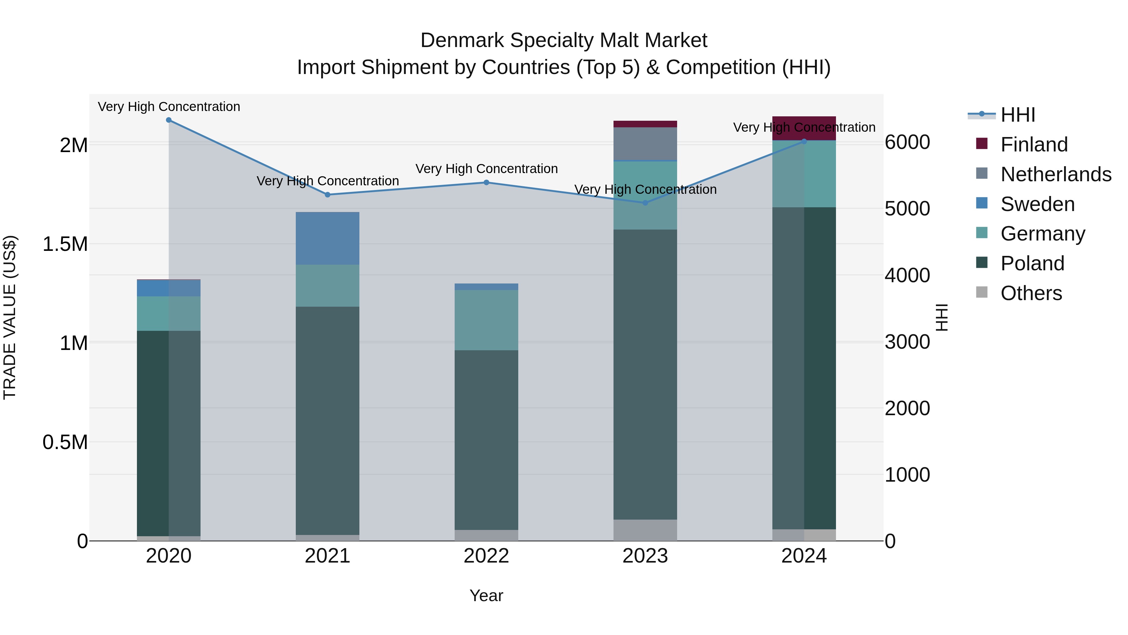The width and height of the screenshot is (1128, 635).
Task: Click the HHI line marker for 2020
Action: pos(169,120)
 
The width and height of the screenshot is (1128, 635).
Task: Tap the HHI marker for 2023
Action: pos(645,203)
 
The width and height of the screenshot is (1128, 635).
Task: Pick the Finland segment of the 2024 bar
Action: pos(804,128)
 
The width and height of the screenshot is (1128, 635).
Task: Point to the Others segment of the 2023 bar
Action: pos(645,530)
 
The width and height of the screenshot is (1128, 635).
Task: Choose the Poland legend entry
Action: pos(1032,263)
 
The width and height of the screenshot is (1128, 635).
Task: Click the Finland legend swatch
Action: pos(982,144)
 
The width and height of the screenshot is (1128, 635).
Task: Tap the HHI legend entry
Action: pos(1018,115)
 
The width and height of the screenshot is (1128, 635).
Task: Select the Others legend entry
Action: pos(1031,293)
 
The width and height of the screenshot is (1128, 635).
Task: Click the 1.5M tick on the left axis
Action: pos(65,244)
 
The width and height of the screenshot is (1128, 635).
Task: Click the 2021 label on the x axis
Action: pos(327,556)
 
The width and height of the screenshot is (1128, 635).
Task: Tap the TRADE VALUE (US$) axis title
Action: pos(10,317)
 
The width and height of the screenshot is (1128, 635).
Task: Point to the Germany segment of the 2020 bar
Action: pos(169,313)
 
